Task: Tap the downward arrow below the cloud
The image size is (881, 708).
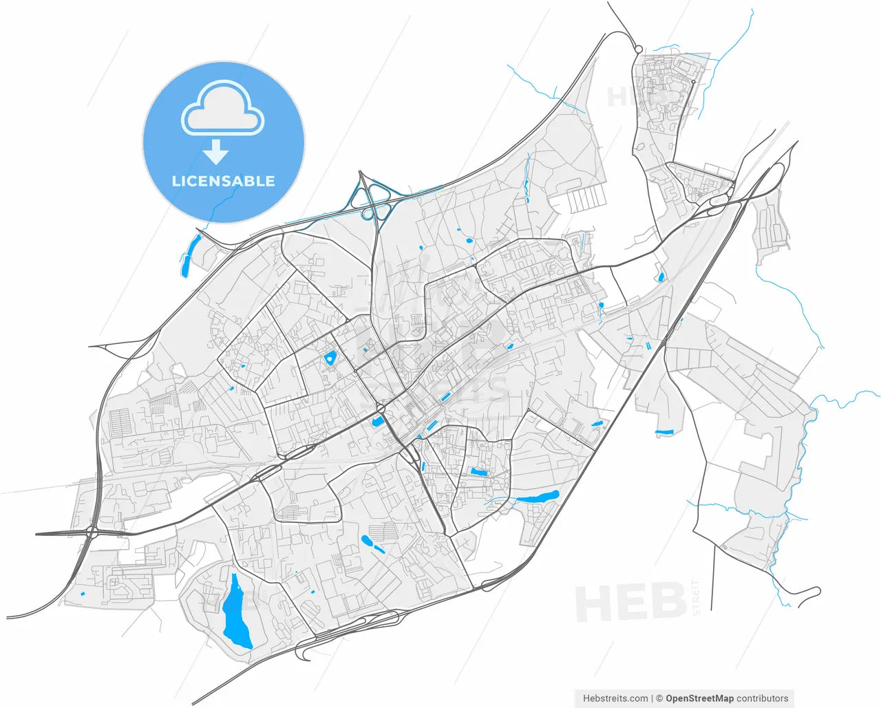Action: (217, 151)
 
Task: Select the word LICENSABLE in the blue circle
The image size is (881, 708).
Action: (223, 182)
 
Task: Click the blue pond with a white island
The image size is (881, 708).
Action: (330, 358)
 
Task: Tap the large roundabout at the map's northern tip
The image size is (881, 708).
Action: (639, 49)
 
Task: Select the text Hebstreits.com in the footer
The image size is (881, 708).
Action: (615, 698)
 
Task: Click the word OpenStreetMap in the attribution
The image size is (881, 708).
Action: (699, 698)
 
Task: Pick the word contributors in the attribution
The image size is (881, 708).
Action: (763, 698)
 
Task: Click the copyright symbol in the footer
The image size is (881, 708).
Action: (659, 698)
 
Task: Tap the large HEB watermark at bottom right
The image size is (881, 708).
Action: (630, 602)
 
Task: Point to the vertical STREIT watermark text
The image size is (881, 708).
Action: (695, 597)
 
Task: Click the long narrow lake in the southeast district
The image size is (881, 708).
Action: (538, 497)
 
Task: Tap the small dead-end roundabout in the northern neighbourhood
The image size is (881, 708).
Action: (693, 82)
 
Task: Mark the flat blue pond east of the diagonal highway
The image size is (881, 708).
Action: (664, 432)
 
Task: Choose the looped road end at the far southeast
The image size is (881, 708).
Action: (813, 592)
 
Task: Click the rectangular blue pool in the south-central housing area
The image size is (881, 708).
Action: (478, 473)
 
